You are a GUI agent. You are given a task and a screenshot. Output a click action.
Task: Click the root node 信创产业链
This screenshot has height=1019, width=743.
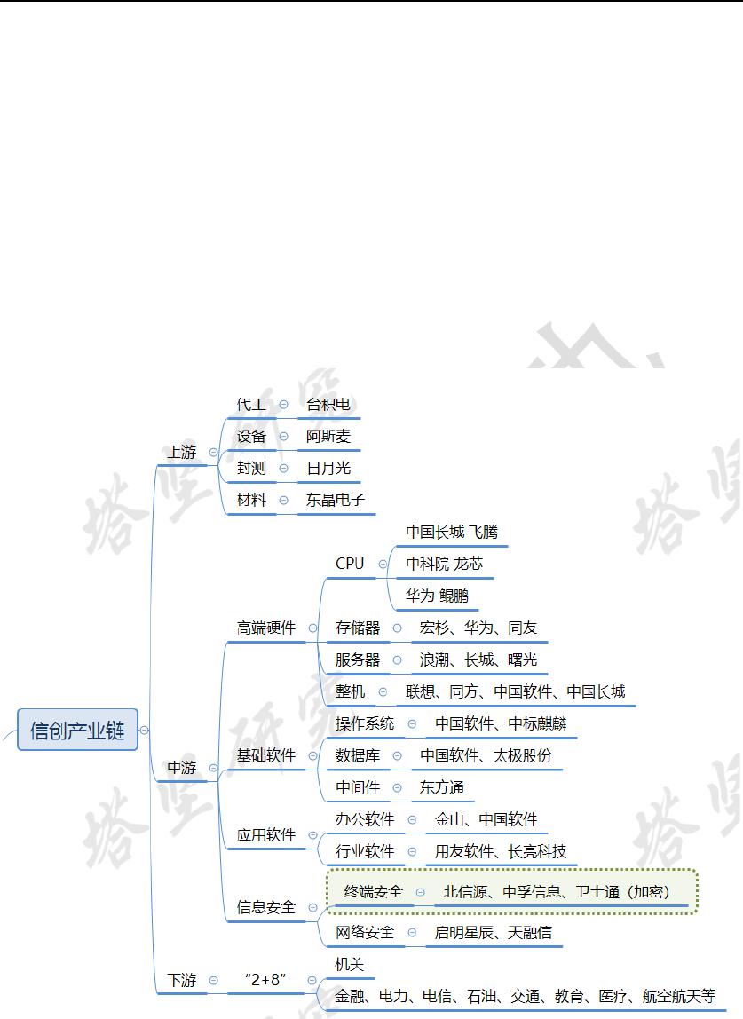pos(78,731)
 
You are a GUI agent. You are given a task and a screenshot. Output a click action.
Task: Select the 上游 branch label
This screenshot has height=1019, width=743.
pos(182,452)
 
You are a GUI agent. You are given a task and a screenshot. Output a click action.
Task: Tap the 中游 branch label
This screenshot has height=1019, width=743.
pos(182,767)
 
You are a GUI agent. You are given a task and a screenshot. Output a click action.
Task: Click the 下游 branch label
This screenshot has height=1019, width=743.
pos(182,980)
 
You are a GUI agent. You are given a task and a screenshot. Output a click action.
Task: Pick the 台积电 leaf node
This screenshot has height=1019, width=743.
pos(328,405)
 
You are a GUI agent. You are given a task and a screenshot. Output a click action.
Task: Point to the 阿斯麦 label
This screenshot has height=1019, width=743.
pos(328,437)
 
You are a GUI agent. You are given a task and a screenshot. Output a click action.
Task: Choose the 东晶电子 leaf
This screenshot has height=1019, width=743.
pos(336,500)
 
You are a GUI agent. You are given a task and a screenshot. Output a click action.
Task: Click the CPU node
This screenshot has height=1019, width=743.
pos(350,564)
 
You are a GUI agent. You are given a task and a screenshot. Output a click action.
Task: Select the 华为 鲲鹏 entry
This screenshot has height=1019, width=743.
pos(438,596)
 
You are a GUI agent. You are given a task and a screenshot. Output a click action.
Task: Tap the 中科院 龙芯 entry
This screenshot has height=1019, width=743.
pos(445,564)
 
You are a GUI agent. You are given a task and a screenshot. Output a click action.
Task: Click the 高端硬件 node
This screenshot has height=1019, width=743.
pos(266,628)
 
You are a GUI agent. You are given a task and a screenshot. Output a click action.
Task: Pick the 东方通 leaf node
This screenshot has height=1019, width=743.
pos(442,787)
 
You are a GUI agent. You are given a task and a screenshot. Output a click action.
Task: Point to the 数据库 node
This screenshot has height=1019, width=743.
pos(358,755)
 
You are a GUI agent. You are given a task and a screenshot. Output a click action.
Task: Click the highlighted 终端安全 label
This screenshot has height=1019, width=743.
pos(374,891)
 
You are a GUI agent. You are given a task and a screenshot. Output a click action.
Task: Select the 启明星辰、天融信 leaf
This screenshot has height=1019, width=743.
pos(493,932)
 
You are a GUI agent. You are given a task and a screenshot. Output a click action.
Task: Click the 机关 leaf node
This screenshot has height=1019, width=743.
pos(350,964)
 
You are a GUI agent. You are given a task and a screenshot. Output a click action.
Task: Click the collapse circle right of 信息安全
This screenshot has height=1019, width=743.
pos(313,907)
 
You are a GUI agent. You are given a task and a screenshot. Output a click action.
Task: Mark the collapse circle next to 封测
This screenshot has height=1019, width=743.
pos(284,468)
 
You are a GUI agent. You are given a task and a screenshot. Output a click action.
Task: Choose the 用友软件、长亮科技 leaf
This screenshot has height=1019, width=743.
pos(500,851)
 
